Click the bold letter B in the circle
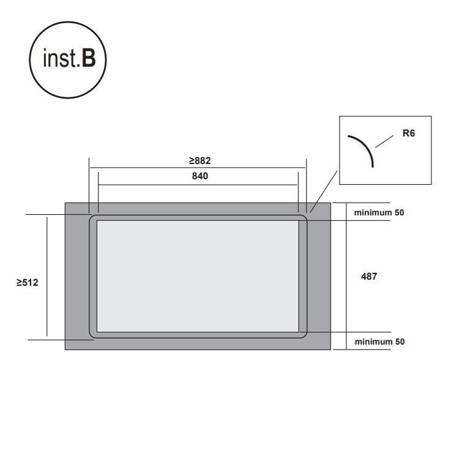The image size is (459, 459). [89, 58]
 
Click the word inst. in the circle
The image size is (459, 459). [61, 58]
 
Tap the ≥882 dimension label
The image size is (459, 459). [200, 160]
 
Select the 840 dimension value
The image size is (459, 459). [200, 176]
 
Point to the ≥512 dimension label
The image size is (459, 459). [27, 283]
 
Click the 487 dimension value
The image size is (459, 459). [369, 277]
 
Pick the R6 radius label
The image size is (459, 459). [409, 133]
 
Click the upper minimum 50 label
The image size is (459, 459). [379, 212]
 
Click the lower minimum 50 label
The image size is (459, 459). [379, 341]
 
